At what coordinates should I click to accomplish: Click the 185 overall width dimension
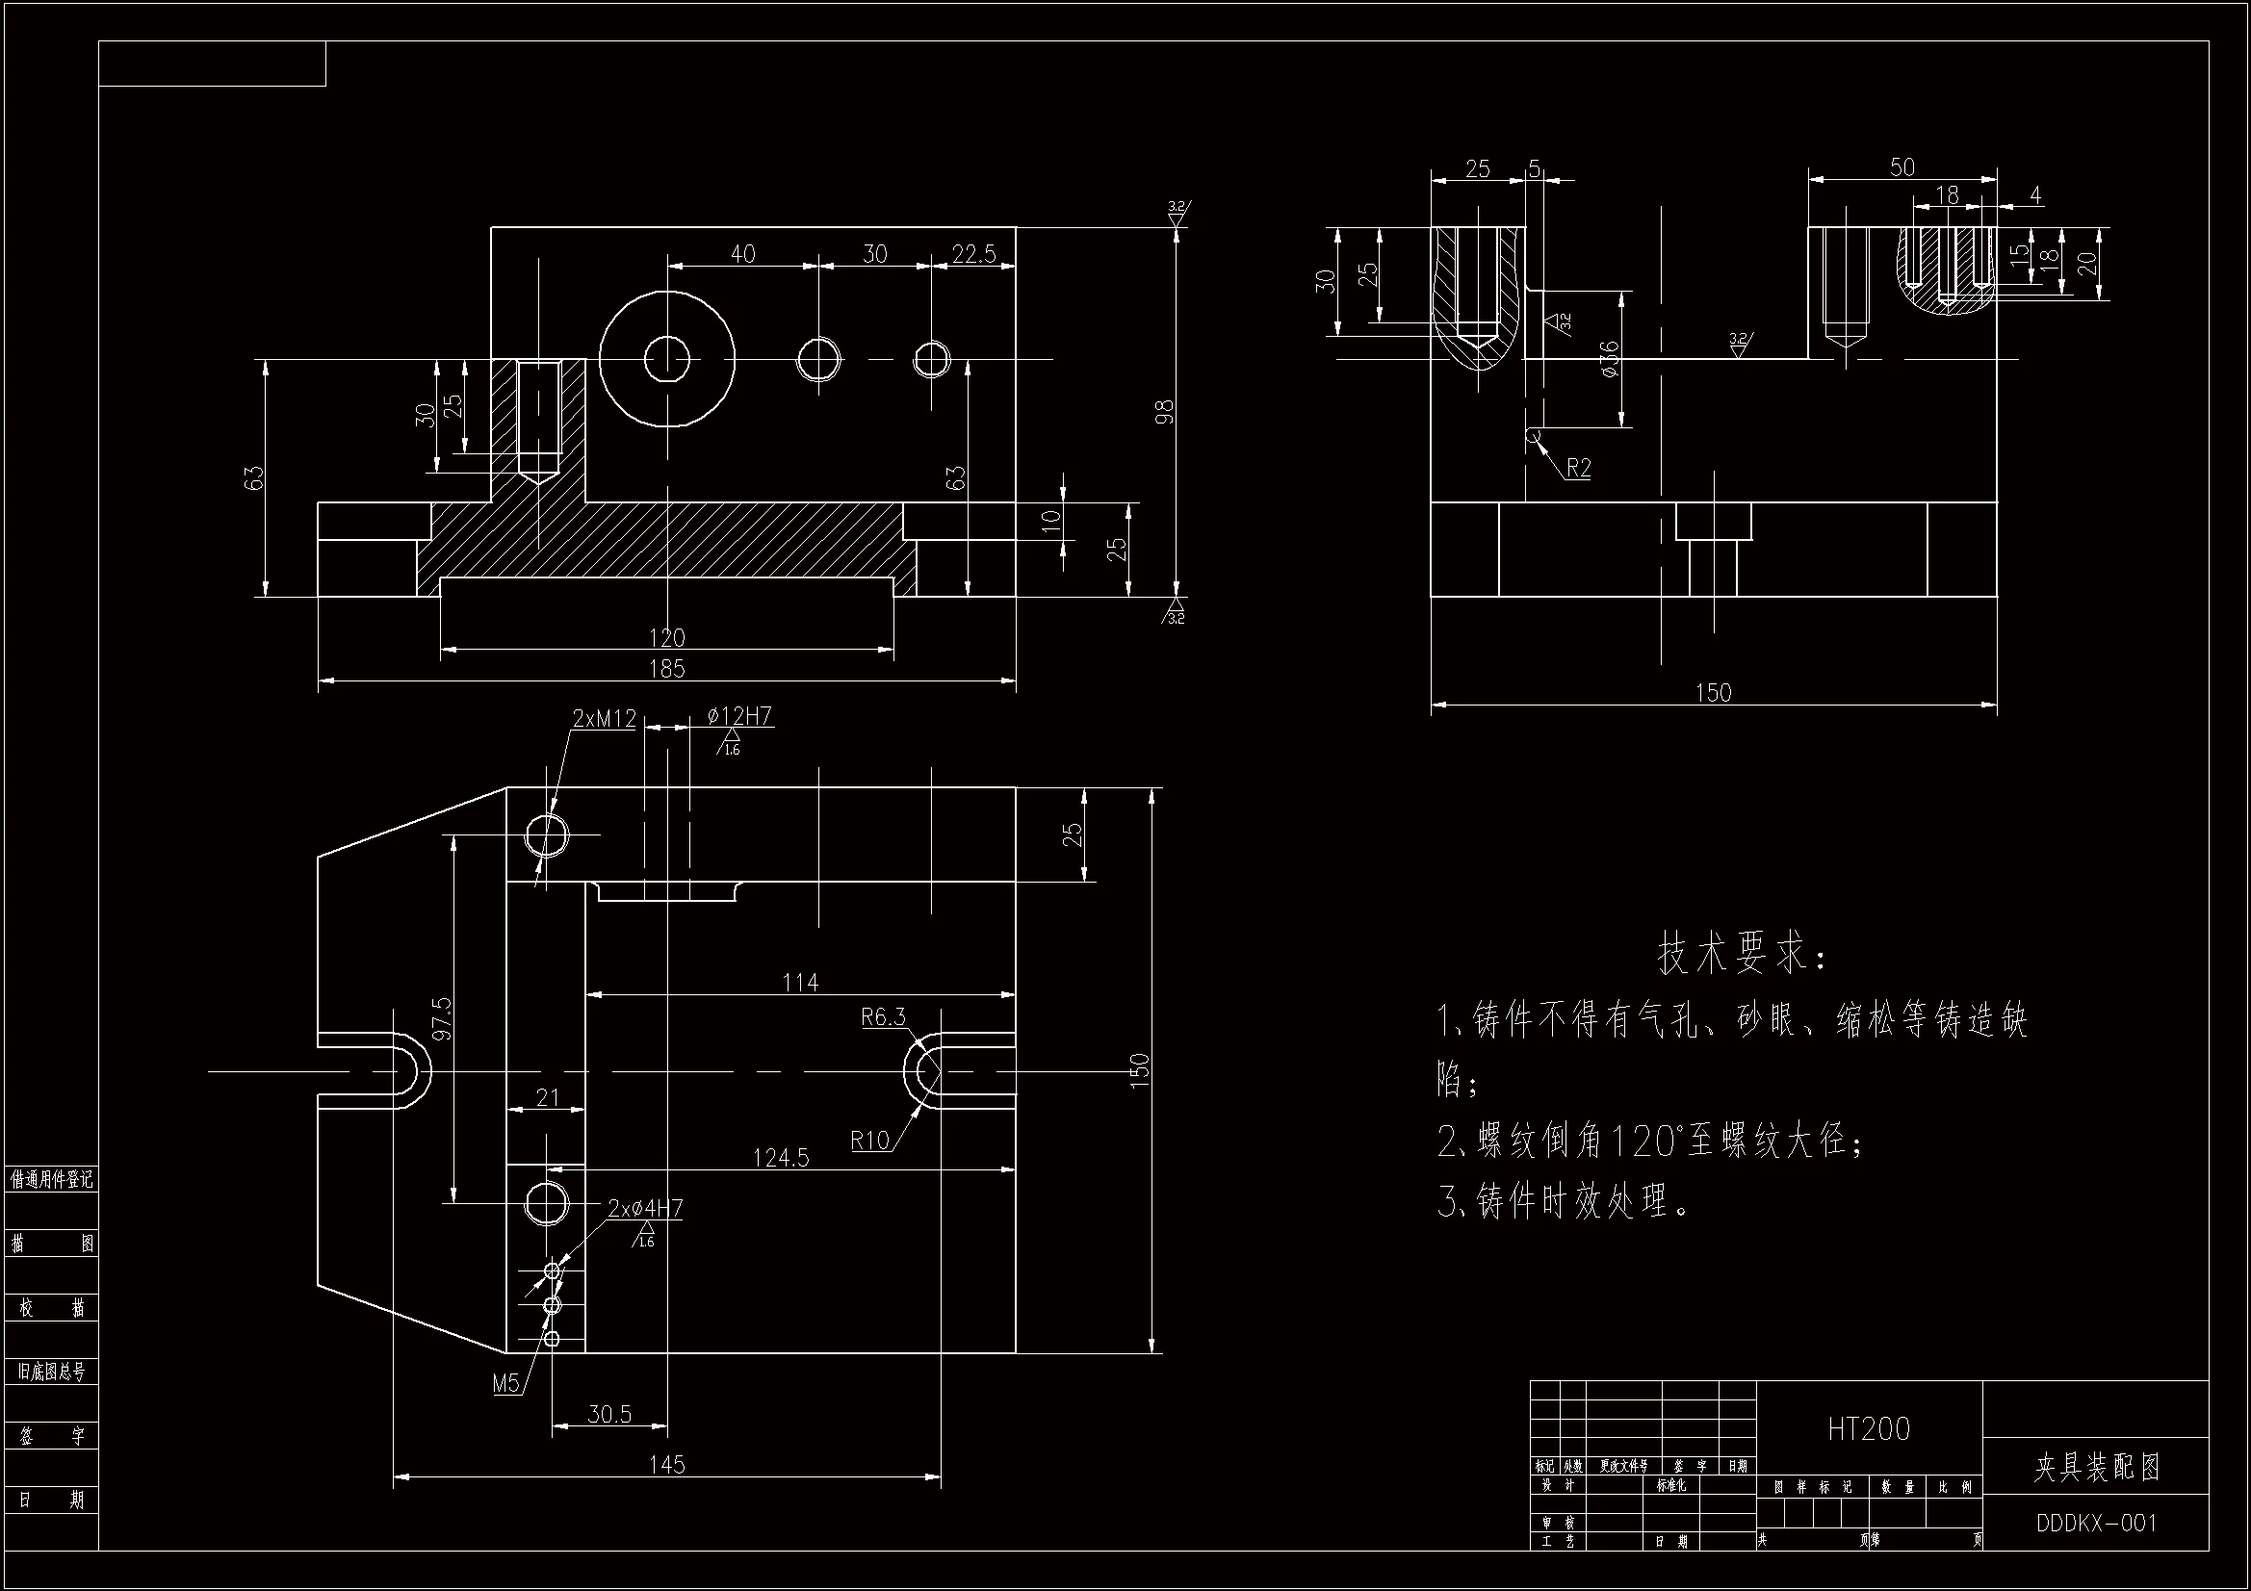point(666,669)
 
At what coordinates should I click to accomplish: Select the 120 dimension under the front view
point(666,637)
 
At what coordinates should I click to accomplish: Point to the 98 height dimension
point(1164,411)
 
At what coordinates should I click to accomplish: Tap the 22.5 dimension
point(973,254)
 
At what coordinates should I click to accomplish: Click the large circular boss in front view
point(666,360)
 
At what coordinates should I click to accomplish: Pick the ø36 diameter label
point(1609,360)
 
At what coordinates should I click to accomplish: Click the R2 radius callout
point(1578,468)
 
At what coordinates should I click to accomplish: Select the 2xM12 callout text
point(604,719)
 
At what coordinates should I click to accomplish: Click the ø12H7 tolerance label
point(740,717)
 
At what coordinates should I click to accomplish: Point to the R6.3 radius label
point(883,1017)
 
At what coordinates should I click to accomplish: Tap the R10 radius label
point(869,1140)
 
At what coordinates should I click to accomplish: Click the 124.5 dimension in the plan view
point(781,1158)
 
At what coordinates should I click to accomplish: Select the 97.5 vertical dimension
point(441,1018)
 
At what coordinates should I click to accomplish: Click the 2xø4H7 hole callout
point(645,1208)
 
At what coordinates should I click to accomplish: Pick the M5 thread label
point(505,1383)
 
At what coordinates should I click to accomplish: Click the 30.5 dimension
point(608,1414)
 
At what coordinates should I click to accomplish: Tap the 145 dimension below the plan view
point(666,1465)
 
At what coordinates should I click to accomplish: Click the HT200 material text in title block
point(1869,1429)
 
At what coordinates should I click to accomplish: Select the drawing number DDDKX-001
point(2096,1523)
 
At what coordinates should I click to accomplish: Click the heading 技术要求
point(1741,954)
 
